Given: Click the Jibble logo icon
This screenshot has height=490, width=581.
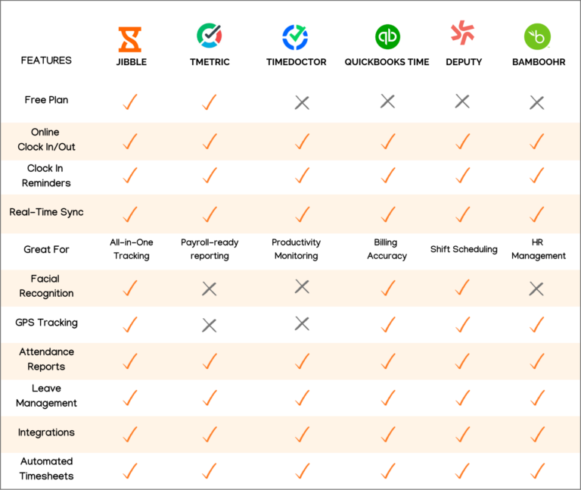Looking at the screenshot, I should (x=129, y=38).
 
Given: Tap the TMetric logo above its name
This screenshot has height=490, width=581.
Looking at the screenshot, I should (x=210, y=36).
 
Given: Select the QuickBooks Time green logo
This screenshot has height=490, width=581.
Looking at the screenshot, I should (x=387, y=36).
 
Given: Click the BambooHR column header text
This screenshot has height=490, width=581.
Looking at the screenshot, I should (x=537, y=61).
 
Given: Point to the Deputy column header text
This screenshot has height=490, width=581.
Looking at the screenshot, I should (x=464, y=61).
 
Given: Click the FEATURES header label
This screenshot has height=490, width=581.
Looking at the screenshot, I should (x=47, y=61).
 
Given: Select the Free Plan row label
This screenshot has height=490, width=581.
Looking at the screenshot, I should (x=46, y=100).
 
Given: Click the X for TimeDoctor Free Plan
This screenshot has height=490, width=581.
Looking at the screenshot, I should (x=302, y=102).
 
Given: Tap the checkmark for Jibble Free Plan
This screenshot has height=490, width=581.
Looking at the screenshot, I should (x=129, y=101).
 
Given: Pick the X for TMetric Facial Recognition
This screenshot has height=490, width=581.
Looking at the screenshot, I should (x=210, y=289).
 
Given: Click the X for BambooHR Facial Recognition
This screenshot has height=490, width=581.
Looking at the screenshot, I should (x=537, y=289).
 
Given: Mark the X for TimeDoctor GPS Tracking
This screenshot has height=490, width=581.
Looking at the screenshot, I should (x=302, y=323).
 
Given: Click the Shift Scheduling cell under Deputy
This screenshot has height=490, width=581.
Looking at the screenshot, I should (x=464, y=249).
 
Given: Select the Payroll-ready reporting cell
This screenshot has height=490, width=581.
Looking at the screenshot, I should (x=210, y=249).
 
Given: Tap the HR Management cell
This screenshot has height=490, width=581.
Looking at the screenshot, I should (x=538, y=249).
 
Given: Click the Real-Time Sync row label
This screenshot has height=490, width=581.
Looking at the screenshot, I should (x=46, y=212).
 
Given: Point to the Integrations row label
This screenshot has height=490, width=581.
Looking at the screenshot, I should (x=46, y=432).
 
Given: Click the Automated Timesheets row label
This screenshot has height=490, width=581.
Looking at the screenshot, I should (x=46, y=468).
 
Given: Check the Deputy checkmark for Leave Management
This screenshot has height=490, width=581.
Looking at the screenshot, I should (x=463, y=397).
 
